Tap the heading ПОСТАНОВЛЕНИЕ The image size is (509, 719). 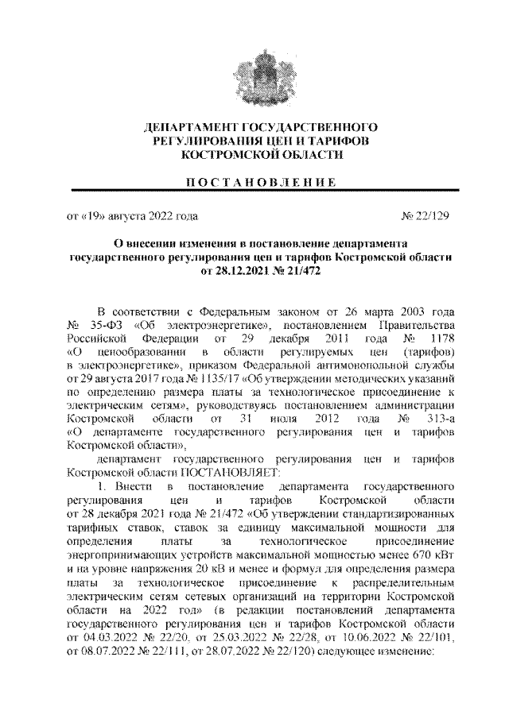coord(254,181)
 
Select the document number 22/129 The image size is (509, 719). coord(437,215)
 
